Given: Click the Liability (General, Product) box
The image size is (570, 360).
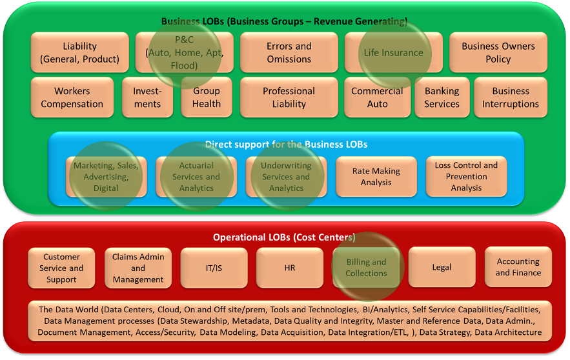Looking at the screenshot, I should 79,53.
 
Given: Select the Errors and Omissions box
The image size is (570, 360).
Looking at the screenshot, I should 289,53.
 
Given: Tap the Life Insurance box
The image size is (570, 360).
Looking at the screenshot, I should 393,53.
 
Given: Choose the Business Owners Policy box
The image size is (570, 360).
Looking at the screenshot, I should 498,53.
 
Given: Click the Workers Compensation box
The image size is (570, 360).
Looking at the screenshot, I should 72,97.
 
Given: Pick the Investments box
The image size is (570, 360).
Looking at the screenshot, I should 147,97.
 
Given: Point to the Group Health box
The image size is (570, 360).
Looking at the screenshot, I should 206,97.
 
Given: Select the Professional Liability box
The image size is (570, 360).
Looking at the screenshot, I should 289,97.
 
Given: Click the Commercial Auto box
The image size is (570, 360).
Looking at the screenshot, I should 377,97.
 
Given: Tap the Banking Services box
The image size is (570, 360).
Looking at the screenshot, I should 442,97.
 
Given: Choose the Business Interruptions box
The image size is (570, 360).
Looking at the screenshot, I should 510,97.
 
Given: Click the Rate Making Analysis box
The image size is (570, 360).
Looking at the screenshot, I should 376,177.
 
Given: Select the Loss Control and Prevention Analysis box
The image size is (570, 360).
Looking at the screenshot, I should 466,177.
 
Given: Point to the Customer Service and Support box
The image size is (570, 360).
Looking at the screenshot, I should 61,268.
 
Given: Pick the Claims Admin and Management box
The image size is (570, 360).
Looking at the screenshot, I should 138,268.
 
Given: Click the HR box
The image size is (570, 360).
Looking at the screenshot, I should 290,268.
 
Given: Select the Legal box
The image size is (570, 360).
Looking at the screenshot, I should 442,268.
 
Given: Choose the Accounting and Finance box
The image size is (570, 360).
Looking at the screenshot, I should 518,268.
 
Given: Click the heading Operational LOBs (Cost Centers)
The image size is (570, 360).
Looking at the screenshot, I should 284,237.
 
